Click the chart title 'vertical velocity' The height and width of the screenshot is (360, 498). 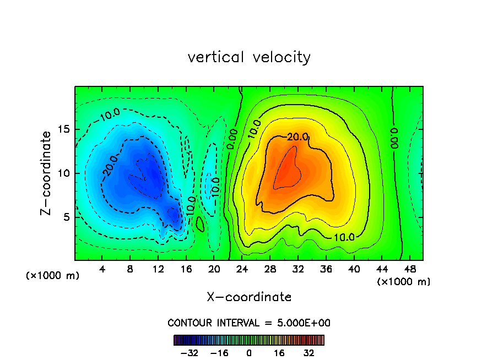point(249,57)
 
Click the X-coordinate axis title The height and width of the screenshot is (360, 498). point(249,297)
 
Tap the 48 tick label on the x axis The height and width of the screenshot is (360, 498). point(409,270)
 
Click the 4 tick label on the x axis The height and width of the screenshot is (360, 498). point(102,270)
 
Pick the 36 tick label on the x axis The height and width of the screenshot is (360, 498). point(326,270)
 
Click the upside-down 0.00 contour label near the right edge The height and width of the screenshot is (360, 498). point(393,139)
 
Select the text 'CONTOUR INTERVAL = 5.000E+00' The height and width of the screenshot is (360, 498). point(249,323)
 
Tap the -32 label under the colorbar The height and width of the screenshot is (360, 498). point(189,352)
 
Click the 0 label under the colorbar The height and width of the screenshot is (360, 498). point(249,352)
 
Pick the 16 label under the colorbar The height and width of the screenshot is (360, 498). point(279,352)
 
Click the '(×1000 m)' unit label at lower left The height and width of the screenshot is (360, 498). point(53,276)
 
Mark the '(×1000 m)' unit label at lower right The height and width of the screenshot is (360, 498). point(404,282)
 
